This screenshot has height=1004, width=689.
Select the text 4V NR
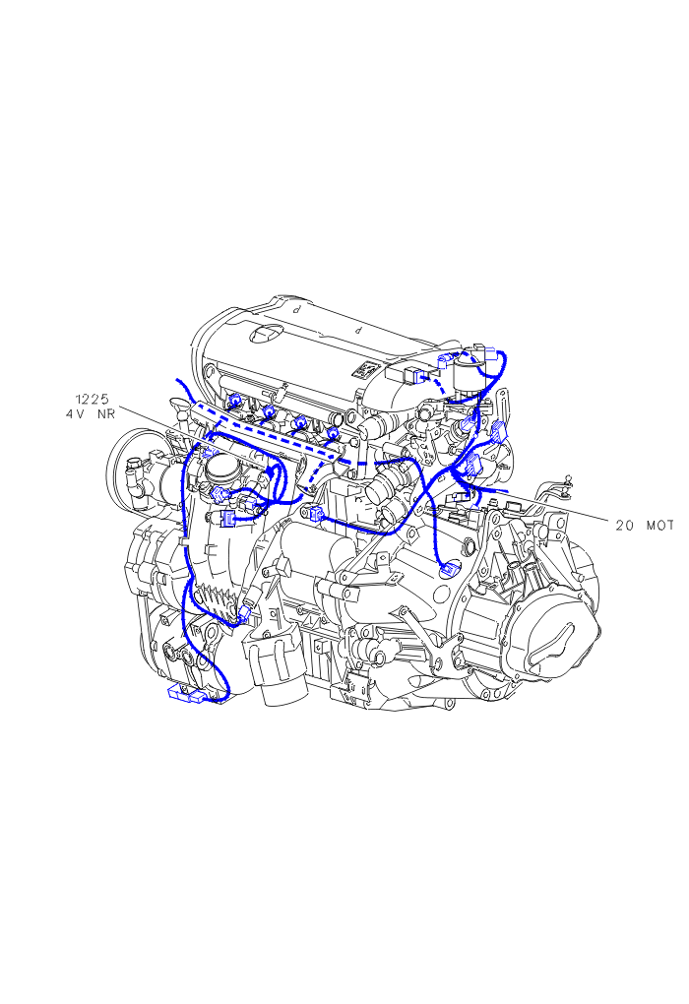[91, 414]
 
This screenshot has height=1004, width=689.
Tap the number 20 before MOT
[626, 526]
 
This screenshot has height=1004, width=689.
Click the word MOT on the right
[659, 526]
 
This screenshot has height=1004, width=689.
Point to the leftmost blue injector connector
[235, 401]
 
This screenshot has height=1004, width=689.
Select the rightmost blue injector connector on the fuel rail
[333, 433]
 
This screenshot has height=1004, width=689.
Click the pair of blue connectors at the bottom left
[186, 694]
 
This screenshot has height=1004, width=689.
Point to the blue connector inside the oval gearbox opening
[450, 571]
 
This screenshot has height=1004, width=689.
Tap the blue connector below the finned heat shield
[243, 617]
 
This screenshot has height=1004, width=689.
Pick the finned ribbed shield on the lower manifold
[214, 601]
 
